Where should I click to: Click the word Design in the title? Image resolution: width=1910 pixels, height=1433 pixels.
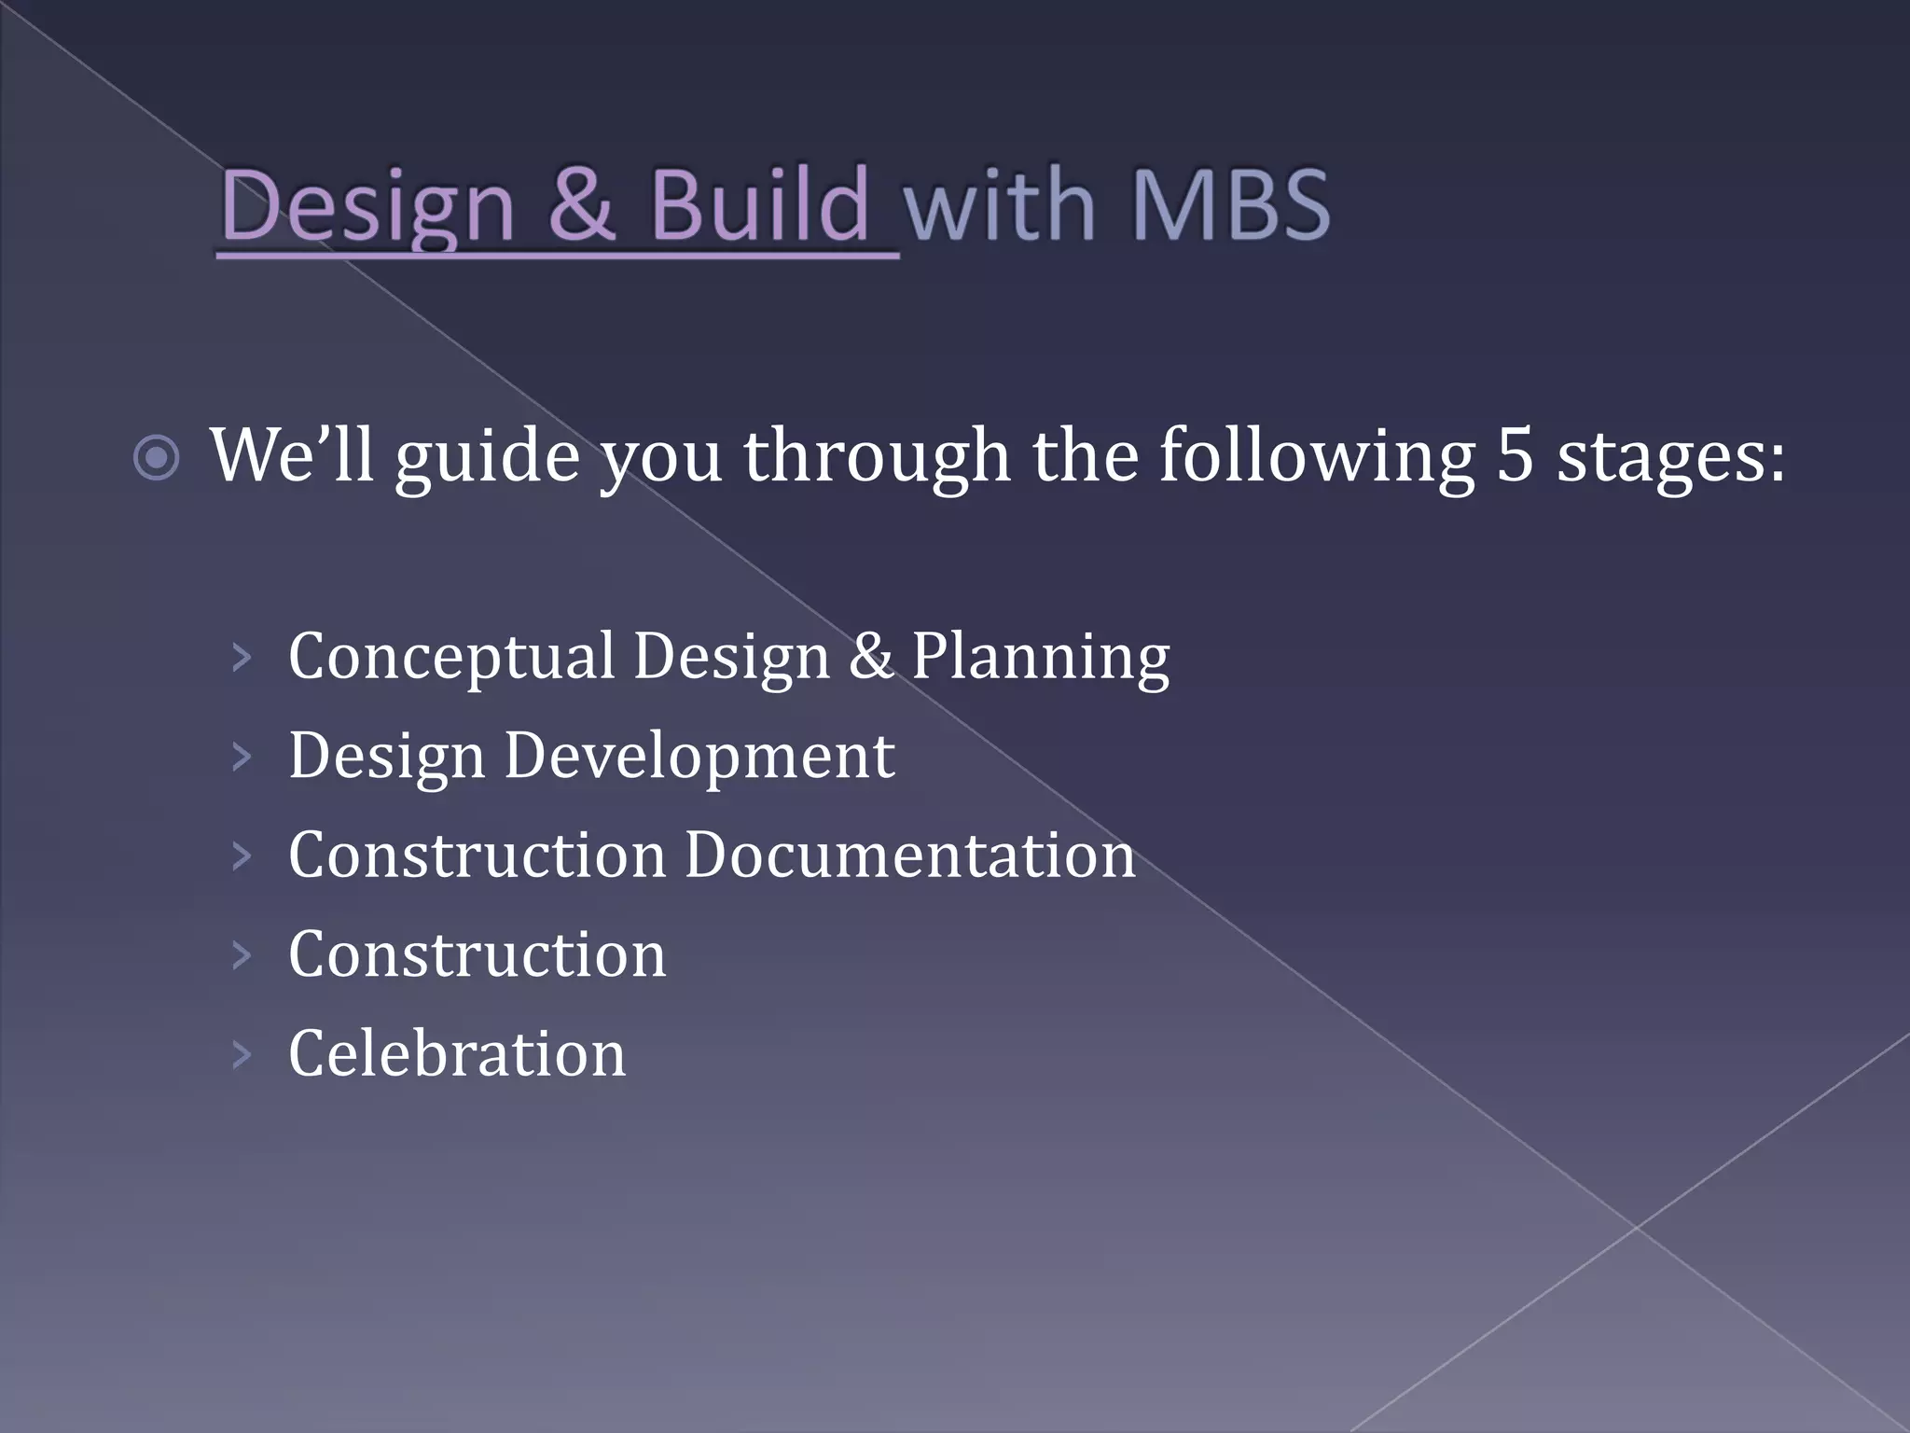point(367,205)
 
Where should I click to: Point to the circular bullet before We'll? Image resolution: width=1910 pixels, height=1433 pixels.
point(156,458)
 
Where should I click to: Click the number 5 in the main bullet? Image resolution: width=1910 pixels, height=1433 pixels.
point(1515,455)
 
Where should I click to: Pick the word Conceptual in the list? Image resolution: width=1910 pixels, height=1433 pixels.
point(451,657)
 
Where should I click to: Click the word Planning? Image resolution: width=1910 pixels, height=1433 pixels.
point(1040,657)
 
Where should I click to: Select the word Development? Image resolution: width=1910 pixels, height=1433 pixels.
point(699,756)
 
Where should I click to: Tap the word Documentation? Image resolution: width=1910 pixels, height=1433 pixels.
point(909,855)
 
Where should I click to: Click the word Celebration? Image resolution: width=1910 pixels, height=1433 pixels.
point(457,1054)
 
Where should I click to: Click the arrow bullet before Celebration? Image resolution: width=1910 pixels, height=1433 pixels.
point(242,1055)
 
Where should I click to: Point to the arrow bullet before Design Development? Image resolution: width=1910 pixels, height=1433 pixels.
point(242,757)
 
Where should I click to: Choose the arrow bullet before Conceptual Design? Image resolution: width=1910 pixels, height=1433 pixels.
point(242,658)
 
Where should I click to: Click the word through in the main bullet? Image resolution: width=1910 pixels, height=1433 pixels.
point(877,457)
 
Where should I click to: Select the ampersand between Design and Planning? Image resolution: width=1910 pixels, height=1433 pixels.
point(871,655)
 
